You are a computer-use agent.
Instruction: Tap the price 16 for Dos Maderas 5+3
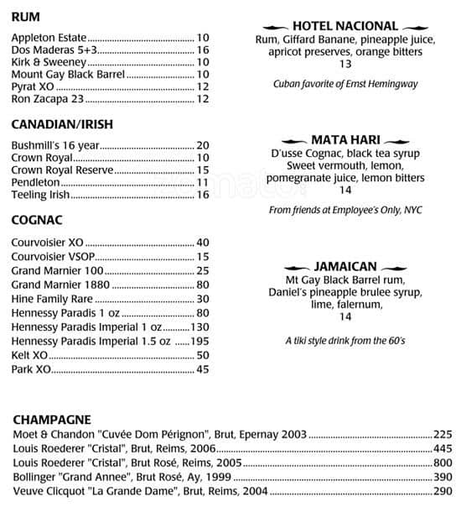click(x=202, y=50)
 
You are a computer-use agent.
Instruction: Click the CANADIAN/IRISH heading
click(x=62, y=125)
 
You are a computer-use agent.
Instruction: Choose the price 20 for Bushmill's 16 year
click(x=202, y=145)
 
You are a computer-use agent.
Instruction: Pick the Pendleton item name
click(x=36, y=182)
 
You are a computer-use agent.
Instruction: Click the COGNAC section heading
click(x=38, y=221)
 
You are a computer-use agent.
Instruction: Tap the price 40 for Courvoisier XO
click(x=202, y=243)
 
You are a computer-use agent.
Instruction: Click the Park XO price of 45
click(x=202, y=368)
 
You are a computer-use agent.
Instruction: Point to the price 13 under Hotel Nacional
click(x=345, y=65)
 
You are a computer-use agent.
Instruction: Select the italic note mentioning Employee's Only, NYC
click(x=345, y=211)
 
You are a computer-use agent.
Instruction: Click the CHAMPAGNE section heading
click(x=52, y=419)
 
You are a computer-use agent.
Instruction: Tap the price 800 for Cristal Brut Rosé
click(x=443, y=463)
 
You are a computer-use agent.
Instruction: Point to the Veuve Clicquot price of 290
click(x=443, y=491)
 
